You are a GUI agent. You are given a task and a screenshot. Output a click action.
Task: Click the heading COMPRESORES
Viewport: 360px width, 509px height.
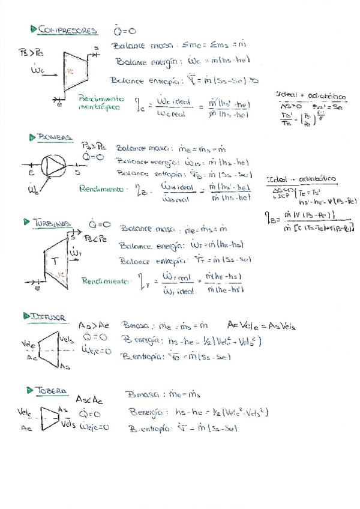click(67, 29)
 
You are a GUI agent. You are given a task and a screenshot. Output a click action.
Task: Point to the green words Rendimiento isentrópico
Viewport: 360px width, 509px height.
click(101, 103)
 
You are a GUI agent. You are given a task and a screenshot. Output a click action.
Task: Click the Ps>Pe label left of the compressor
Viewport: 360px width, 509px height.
click(31, 52)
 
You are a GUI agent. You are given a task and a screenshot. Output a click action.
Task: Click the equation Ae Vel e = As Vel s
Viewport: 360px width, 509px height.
click(261, 327)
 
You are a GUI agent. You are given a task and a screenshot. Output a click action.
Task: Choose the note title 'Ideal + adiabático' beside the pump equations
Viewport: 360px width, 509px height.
click(302, 179)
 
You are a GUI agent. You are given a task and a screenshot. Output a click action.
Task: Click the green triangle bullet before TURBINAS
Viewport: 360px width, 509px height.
click(26, 223)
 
